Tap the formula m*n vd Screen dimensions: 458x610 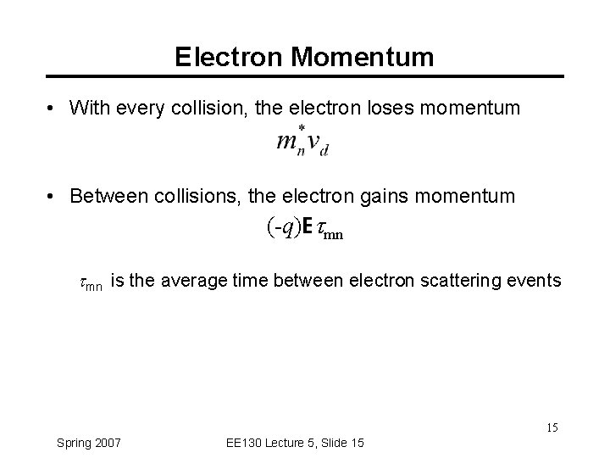[x=302, y=142]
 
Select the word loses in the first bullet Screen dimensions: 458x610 [x=390, y=108]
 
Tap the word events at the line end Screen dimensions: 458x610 [x=534, y=281]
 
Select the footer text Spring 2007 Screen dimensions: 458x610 [x=88, y=442]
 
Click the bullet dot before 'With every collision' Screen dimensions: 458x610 [x=53, y=109]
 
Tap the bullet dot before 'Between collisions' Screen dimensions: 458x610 [x=53, y=198]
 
